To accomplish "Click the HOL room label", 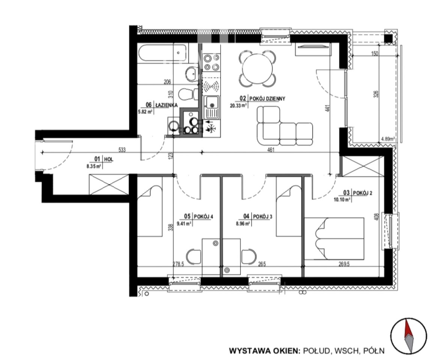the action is click(108, 159).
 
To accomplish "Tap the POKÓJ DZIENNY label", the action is click(267, 99).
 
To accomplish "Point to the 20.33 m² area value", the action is click(238, 105).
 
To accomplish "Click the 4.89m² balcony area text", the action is click(388, 139).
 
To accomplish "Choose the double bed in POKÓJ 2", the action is click(334, 238).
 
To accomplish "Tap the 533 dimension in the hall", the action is click(122, 150).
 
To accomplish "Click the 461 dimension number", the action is click(271, 150).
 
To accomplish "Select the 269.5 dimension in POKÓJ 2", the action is click(344, 264).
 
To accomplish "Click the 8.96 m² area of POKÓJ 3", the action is click(242, 224).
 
